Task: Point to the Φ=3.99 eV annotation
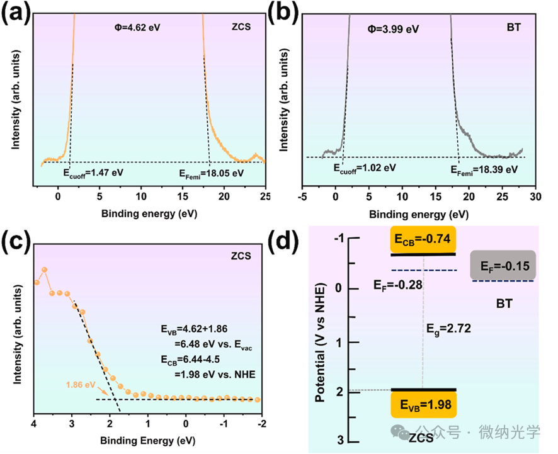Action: coord(394,28)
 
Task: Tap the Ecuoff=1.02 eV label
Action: coord(364,167)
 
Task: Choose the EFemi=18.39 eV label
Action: coord(484,169)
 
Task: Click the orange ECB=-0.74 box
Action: coord(423,239)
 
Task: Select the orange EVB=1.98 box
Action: coord(423,405)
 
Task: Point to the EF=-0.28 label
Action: coord(397,285)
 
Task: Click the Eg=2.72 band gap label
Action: coord(448,328)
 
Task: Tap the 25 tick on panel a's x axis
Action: coord(265,196)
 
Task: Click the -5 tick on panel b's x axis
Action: coord(303,197)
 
